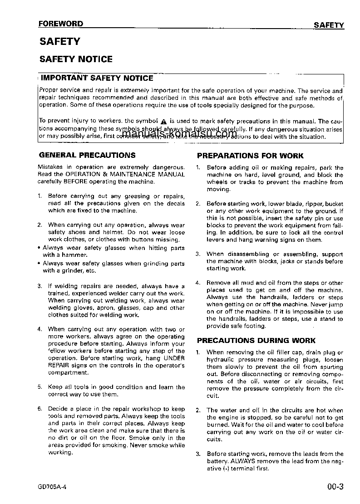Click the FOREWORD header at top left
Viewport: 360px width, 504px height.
pos(60,24)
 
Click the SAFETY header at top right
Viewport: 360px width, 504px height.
pos(329,25)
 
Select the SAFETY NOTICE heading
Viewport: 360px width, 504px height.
pos(76,59)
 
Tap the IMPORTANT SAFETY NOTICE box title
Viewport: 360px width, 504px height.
pos(97,78)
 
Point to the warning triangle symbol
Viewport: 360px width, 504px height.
pos(164,122)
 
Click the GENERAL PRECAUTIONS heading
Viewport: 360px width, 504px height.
pos(87,155)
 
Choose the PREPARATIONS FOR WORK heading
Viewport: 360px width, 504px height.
pos(250,156)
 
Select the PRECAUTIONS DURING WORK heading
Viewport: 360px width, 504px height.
pos(256,341)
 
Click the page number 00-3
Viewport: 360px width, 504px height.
pos(335,488)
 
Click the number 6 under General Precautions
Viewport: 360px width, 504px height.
pos(39,409)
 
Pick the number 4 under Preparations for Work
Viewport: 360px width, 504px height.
pos(198,283)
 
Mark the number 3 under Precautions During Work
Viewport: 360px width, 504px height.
pos(198,454)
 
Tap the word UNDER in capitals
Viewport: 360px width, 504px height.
pos(173,358)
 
